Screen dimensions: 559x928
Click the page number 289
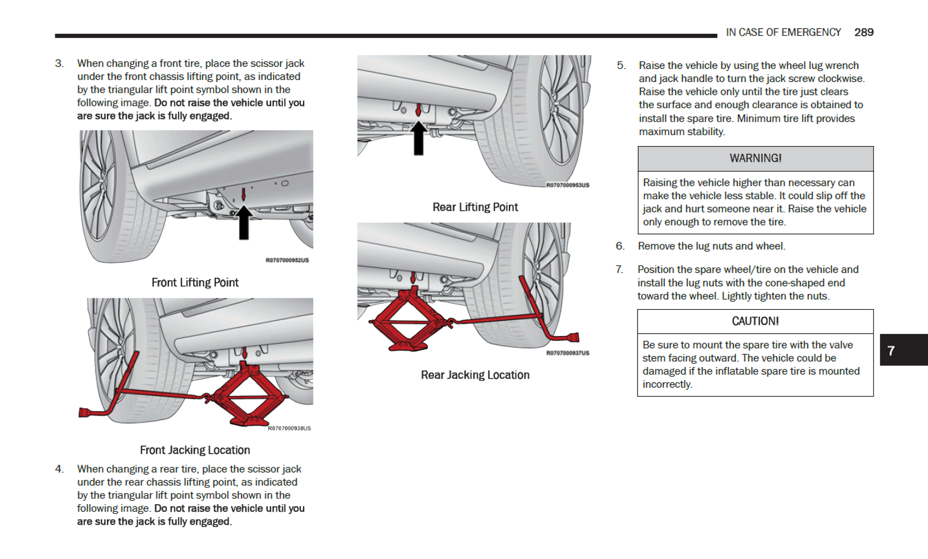(864, 32)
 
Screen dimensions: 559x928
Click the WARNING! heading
(755, 158)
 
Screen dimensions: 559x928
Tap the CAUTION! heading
(755, 321)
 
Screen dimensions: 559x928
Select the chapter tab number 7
(891, 351)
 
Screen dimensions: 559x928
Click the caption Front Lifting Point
(195, 283)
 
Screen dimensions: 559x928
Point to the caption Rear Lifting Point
(475, 207)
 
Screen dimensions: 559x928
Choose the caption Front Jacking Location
(195, 450)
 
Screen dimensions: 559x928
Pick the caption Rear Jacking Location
(475, 375)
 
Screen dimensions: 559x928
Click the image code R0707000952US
(287, 260)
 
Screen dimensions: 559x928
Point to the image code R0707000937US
(567, 353)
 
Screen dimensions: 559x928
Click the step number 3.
(59, 63)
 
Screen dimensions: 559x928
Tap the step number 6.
(620, 246)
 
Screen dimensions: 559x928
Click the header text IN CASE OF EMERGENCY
(783, 32)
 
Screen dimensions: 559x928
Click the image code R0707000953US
(567, 185)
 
